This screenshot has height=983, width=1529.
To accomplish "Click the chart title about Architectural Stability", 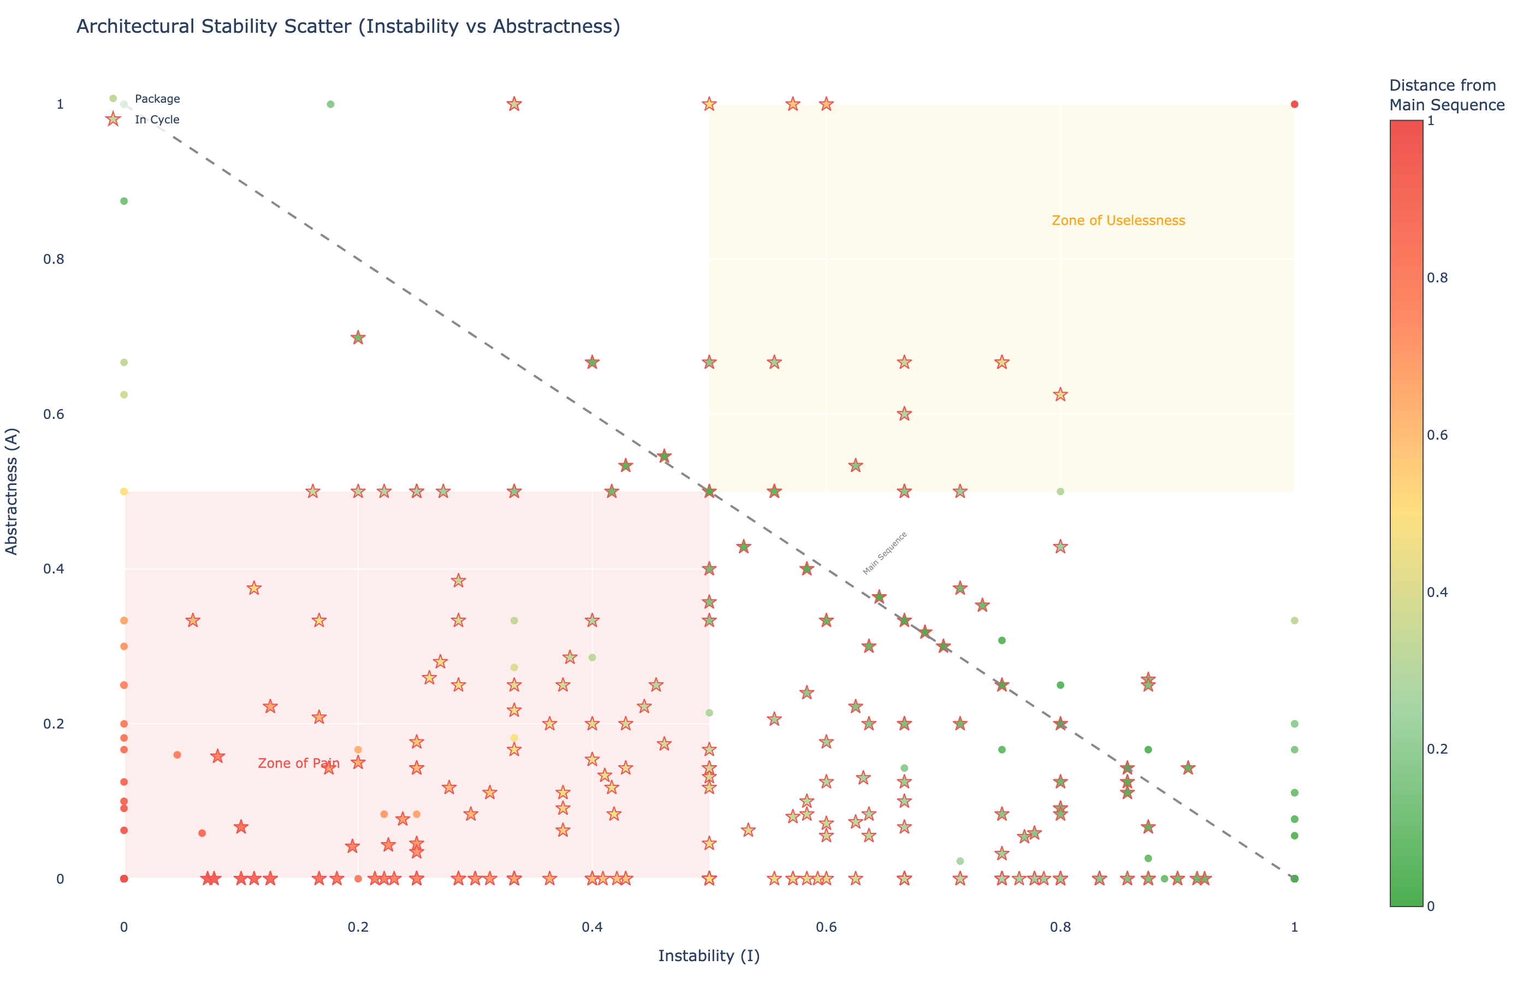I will [348, 27].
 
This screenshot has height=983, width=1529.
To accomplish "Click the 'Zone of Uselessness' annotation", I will [1118, 221].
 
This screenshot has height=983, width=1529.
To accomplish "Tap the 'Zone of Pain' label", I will [299, 763].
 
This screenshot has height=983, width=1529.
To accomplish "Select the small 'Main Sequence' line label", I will [885, 553].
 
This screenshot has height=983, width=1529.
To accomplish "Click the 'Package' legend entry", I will [157, 99].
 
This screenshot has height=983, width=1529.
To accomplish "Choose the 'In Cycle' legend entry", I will [157, 120].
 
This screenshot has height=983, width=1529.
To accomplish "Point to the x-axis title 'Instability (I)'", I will [708, 956].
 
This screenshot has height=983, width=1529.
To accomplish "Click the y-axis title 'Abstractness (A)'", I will [11, 491].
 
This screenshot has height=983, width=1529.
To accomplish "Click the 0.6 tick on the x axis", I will [826, 927].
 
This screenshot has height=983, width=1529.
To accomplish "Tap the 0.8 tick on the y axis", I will [54, 259].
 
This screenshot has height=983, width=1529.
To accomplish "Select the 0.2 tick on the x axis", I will [358, 927].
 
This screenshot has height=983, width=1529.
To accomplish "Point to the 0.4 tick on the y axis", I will [54, 569].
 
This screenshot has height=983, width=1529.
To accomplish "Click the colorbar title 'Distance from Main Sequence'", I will [1447, 95].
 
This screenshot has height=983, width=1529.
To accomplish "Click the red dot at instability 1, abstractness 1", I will [1294, 104].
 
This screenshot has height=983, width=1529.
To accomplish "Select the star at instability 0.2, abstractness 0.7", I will [358, 337].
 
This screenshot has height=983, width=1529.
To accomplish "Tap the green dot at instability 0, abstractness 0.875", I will [125, 201].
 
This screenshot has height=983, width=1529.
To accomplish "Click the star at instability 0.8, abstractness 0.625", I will [1060, 394].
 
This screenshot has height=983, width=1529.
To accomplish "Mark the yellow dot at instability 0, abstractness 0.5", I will [125, 491].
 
